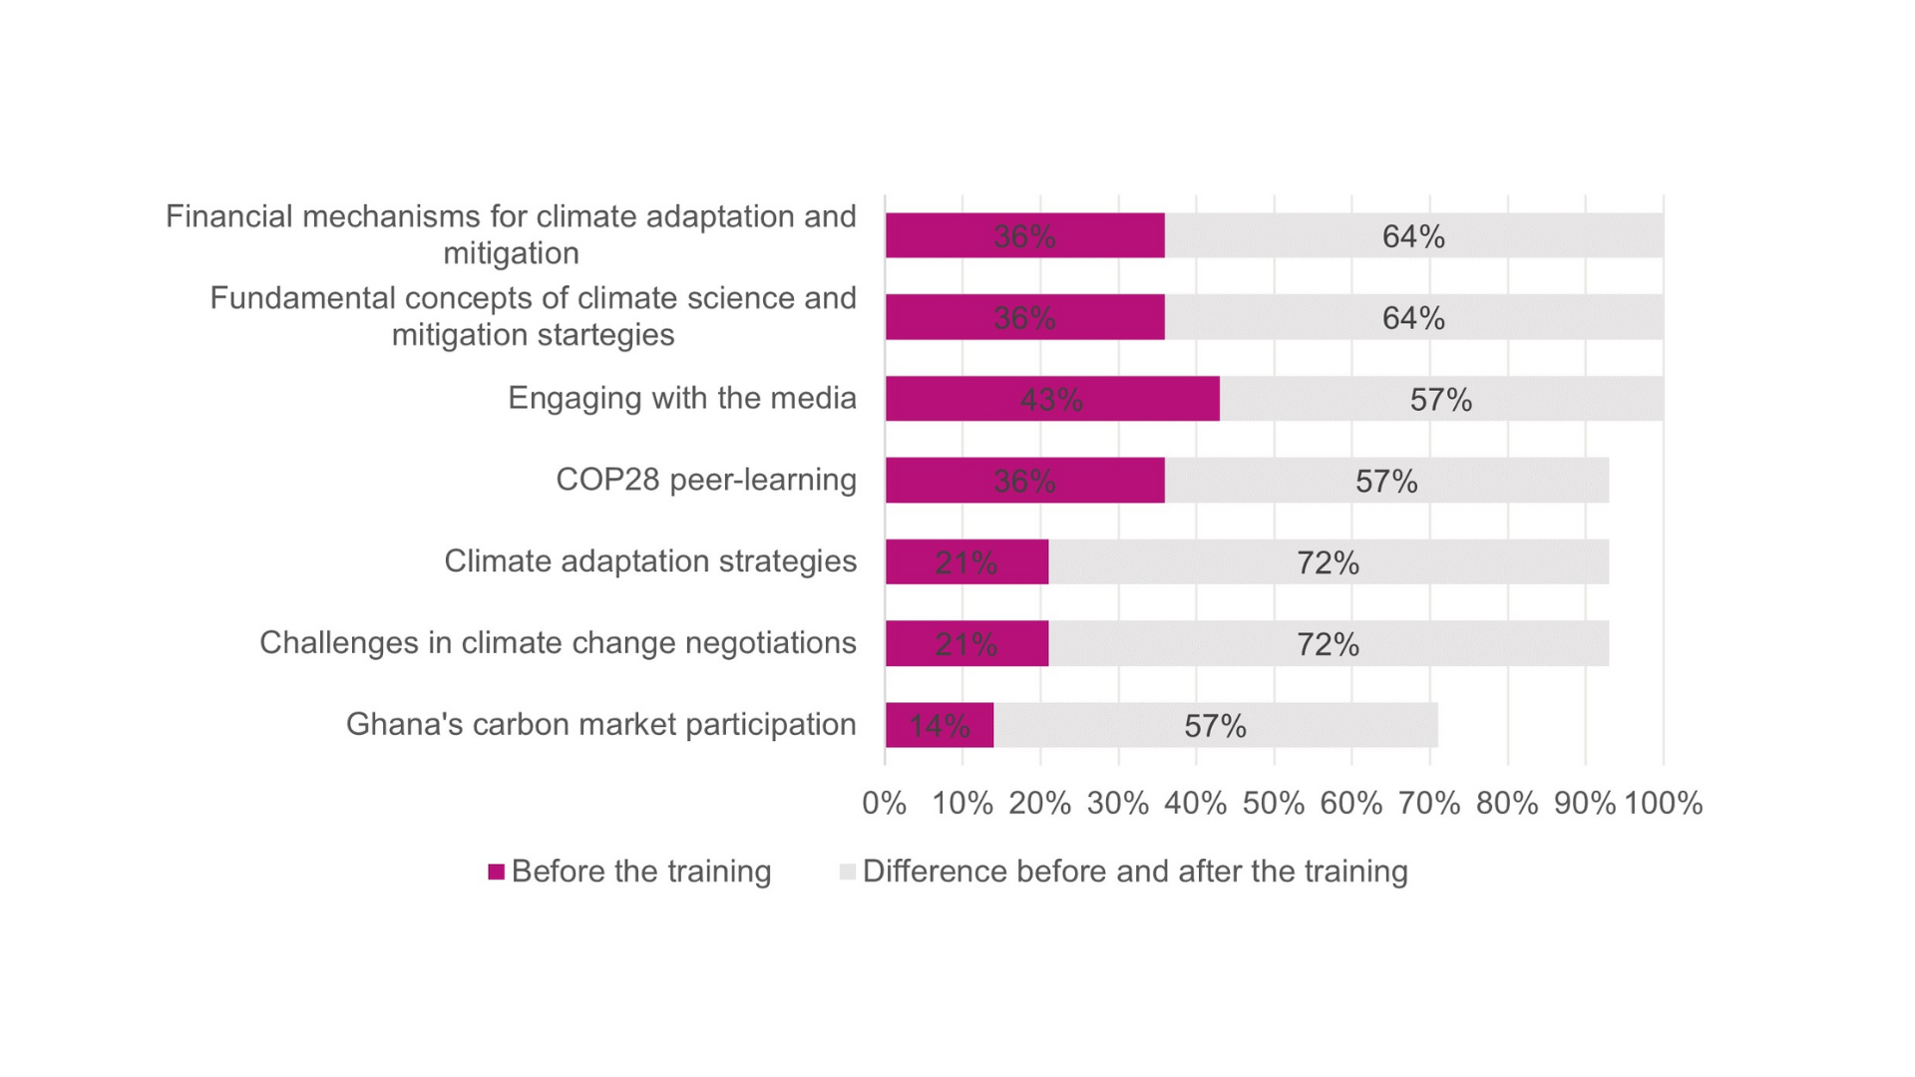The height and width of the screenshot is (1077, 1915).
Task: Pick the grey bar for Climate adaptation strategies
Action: pos(1328,562)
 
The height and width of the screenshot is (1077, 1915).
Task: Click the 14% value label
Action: pos(939,726)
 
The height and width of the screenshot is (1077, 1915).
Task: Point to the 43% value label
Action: pos(1051,400)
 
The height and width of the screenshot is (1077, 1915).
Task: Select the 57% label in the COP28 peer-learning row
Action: pos(1386,482)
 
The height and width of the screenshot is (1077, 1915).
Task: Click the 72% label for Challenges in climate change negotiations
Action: pos(1328,644)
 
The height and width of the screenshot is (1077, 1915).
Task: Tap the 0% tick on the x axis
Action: pos(884,804)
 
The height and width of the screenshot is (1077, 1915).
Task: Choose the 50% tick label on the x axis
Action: pos(1273,804)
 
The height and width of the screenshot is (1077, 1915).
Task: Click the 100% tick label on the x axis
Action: pos(1663,804)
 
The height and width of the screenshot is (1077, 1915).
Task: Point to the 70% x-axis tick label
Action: pos(1428,804)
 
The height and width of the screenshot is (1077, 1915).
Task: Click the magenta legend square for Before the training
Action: pos(496,873)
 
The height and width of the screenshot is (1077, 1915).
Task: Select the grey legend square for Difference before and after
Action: pos(848,873)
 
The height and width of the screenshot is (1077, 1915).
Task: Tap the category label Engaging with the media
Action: pos(681,398)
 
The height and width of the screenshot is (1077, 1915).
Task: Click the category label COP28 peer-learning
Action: pos(705,480)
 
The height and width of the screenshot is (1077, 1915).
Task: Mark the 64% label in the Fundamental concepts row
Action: pos(1413,318)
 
